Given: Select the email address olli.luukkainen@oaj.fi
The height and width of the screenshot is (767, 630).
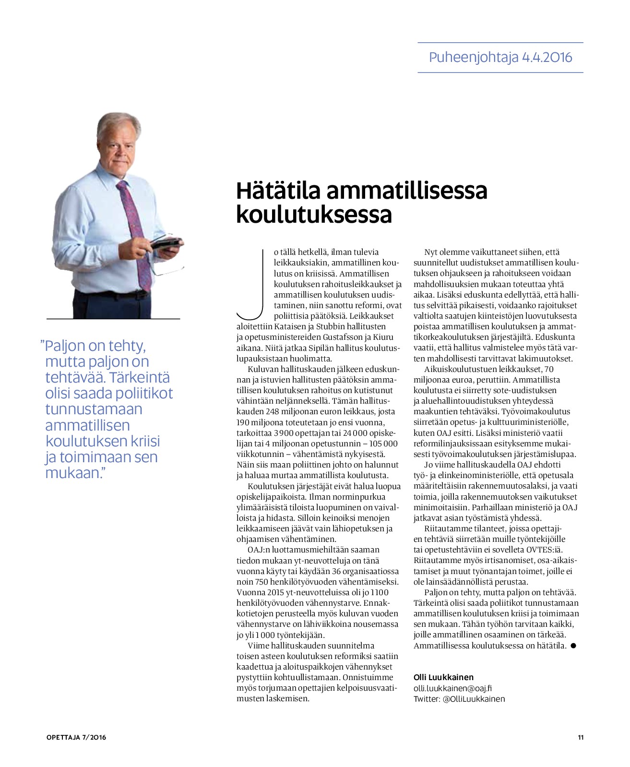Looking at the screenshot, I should coord(452,688).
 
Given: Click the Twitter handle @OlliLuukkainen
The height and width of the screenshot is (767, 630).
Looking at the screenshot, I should coord(474,699).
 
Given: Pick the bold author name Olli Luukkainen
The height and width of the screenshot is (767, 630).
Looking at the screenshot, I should coord(443,677).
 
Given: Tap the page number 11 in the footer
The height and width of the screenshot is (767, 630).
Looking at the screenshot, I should coord(581,737).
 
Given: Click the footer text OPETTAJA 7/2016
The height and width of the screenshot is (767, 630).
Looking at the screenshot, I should coord(76,737).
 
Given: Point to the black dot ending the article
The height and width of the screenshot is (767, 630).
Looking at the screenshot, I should coord(573,646).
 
